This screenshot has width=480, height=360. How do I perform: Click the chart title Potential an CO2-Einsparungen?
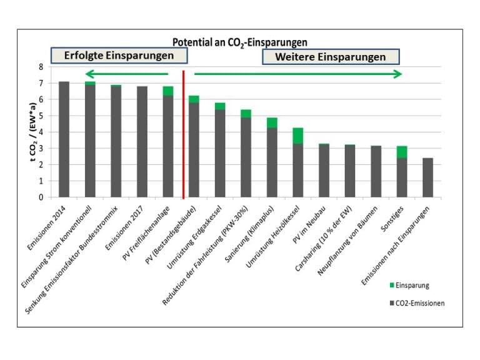point(240,42)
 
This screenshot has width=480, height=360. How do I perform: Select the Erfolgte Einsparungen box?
point(119,56)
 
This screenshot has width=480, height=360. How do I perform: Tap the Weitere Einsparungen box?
point(331,56)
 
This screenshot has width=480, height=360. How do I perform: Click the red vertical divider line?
point(183,134)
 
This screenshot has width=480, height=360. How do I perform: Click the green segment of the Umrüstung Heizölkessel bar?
point(298,136)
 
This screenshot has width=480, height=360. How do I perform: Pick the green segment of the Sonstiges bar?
point(402,152)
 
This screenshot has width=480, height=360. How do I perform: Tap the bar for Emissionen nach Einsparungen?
point(428,177)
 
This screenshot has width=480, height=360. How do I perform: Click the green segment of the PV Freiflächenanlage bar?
point(168,91)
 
